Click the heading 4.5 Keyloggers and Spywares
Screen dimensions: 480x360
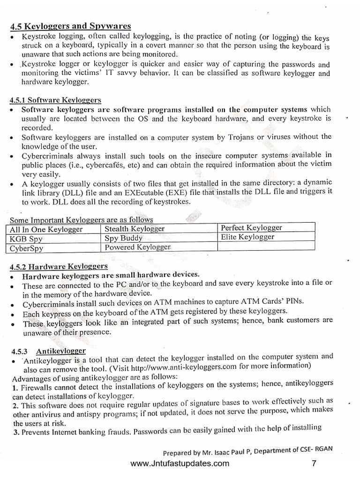70,26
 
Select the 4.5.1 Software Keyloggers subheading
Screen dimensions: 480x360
55,100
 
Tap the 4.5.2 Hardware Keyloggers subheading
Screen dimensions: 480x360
59,266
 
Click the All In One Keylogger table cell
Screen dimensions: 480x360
46,229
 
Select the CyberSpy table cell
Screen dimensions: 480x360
28,248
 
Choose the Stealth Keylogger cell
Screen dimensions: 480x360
135,229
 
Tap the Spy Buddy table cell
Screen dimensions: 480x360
123,238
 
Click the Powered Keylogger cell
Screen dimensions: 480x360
138,247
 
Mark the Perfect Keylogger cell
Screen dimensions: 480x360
251,228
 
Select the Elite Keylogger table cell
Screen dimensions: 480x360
247,237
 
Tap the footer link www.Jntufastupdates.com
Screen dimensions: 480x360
180,464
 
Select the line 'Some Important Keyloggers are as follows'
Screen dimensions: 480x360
81,220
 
